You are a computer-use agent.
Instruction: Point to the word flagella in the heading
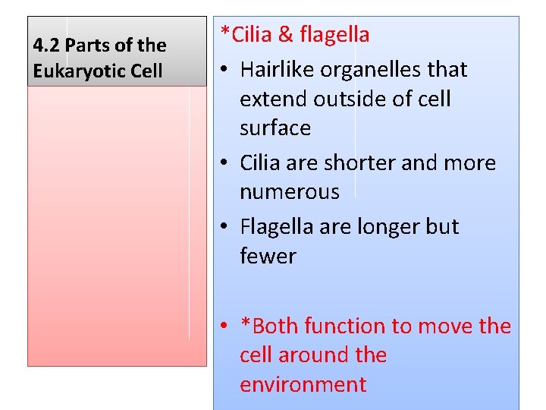tap(334, 35)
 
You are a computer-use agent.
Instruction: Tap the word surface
tap(275, 128)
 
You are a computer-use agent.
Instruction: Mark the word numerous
tap(290, 192)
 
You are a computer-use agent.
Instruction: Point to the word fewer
tap(268, 257)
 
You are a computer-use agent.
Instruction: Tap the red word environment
tap(303, 385)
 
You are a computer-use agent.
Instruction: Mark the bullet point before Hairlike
tap(226, 71)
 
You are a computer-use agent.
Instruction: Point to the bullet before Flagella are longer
tap(226, 228)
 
